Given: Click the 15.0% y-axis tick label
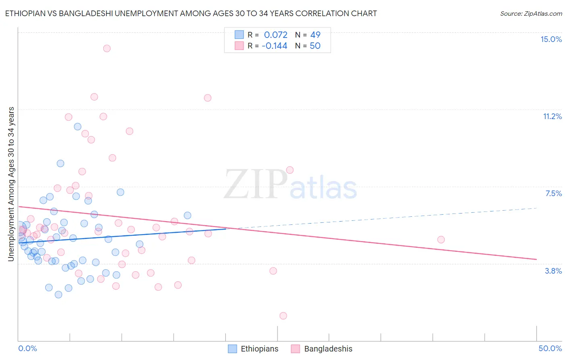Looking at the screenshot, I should point(551,39).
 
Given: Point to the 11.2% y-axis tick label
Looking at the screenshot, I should point(552,116).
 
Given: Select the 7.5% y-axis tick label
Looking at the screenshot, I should point(553,193).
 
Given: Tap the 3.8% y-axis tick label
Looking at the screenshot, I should point(553,271).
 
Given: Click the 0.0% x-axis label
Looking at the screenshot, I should point(27,348).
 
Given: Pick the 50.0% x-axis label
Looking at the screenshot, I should point(550,348).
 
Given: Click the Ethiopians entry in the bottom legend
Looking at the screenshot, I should point(259,349).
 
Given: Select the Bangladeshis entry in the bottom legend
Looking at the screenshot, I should point(328,349).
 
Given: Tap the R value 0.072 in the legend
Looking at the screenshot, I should point(275,35).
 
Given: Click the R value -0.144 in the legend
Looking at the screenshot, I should point(274,46).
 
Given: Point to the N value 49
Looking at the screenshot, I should point(315,35).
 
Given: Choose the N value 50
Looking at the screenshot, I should point(315,46).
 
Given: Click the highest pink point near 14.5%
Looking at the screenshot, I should point(107,48).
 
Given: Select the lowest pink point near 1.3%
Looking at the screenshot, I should point(283,316).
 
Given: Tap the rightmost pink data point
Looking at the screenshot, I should point(441,240).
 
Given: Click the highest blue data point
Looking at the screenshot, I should point(78,127).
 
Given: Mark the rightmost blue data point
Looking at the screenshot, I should point(188,216).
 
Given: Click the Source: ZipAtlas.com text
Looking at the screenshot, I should point(531,14).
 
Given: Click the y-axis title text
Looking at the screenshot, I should point(11,184).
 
